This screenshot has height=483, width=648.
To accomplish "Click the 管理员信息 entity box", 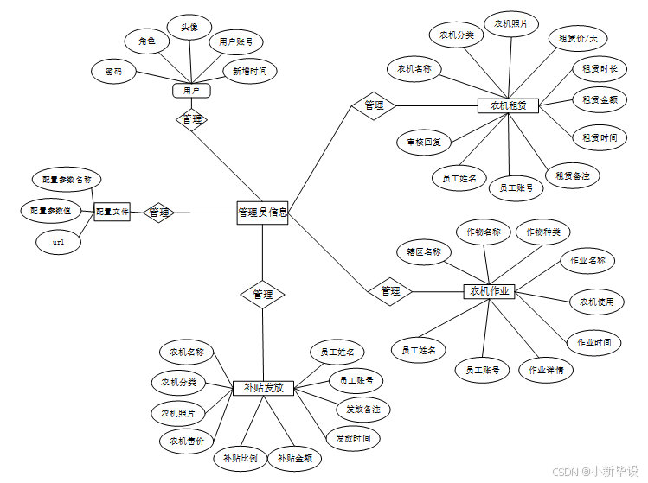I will (262, 213).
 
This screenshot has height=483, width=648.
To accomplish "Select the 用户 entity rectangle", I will (191, 91).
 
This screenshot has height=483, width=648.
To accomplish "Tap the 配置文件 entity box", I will (112, 212).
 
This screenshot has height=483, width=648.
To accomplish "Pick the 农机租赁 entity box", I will (508, 105).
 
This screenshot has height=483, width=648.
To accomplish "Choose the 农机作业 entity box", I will (490, 291).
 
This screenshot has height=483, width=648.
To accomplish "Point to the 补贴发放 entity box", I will (264, 389).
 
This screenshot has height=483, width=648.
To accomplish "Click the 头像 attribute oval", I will (189, 28).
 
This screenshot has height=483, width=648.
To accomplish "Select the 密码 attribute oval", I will (113, 73).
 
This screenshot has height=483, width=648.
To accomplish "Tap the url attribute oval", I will (59, 243).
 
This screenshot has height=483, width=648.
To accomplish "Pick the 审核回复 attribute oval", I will (424, 142).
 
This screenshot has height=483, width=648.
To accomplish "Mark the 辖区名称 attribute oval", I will (424, 252).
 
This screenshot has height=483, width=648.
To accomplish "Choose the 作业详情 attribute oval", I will (546, 370).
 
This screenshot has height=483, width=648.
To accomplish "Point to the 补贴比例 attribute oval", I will (240, 459).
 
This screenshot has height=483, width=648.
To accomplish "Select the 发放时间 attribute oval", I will (351, 438).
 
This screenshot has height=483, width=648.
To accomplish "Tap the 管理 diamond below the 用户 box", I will (192, 119).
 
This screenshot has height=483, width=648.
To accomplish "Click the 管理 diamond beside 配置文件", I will (158, 213).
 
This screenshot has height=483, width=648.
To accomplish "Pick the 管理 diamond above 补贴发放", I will (262, 295).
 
